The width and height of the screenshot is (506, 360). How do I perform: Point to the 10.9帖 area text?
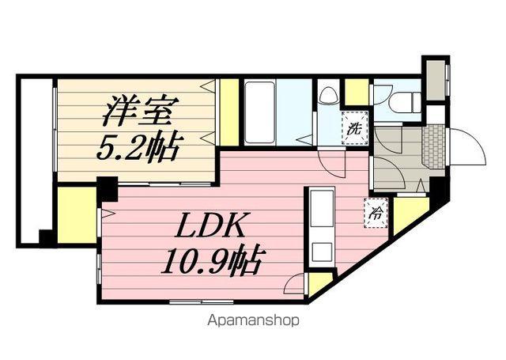coord(211,259)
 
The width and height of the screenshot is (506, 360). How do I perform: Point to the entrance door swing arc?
coord(468,146)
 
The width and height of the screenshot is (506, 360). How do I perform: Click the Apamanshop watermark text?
coord(255,321)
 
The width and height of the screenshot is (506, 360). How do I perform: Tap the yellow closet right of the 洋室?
coord(229,112)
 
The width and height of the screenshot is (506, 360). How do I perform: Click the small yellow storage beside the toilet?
coord(357,92)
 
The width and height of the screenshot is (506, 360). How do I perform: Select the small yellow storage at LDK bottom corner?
coord(319,282)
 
